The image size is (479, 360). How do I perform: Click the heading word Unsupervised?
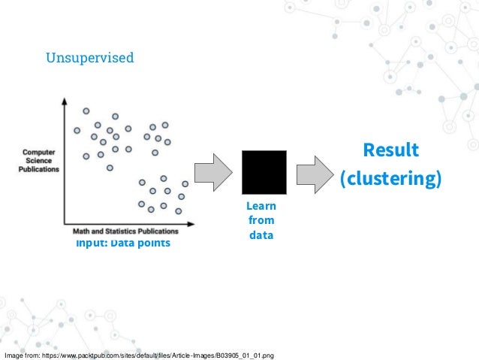click(x=90, y=57)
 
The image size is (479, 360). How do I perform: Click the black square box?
click(x=264, y=173)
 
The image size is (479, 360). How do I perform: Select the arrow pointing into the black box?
click(x=215, y=173)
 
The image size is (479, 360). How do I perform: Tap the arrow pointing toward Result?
click(x=313, y=174)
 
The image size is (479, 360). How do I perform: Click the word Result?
click(x=390, y=150)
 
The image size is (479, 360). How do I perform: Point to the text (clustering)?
click(x=390, y=180)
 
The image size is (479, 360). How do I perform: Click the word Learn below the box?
click(x=261, y=206)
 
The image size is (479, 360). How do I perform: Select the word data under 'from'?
click(x=261, y=235)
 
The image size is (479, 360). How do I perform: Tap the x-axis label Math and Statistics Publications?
click(x=125, y=231)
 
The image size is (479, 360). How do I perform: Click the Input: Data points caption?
click(x=122, y=244)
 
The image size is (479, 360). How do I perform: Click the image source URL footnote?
click(x=140, y=354)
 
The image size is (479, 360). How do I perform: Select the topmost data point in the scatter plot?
click(x=86, y=111)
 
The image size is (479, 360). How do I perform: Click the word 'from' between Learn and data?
click(x=261, y=220)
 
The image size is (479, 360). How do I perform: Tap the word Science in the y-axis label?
click(x=39, y=159)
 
